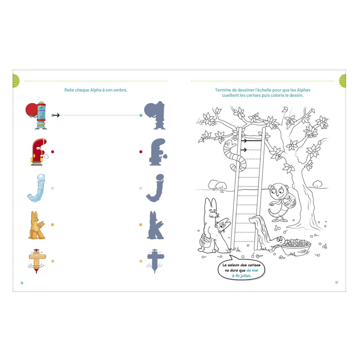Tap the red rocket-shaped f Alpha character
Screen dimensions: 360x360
click(x=39, y=152)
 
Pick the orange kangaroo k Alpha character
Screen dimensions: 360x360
click(x=37, y=225)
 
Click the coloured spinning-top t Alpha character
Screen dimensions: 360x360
click(x=37, y=261)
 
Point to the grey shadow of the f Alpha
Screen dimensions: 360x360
click(x=158, y=152)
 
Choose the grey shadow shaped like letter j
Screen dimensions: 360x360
click(x=156, y=188)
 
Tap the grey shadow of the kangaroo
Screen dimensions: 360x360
click(x=156, y=225)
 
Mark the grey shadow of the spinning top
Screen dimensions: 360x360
click(x=156, y=261)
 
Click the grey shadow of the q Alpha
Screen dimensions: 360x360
click(x=155, y=115)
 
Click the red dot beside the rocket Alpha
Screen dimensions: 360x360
click(x=53, y=152)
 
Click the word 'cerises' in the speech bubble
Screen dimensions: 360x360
click(x=254, y=265)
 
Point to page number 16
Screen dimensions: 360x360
click(x=22, y=283)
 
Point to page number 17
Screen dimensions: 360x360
click(x=337, y=282)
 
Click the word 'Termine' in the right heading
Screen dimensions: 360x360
click(x=222, y=90)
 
